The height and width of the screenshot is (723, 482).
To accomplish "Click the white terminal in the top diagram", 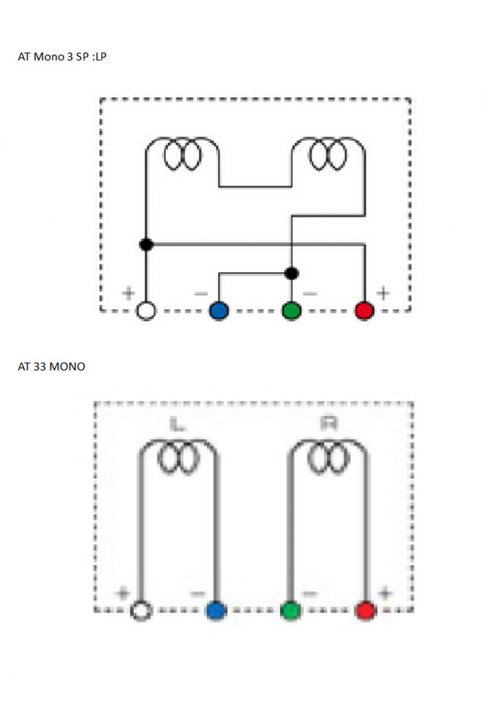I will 146,311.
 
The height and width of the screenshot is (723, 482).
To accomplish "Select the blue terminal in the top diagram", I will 219,311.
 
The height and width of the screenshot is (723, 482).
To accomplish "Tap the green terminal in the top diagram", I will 292,311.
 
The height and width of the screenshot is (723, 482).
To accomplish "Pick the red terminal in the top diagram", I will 365,311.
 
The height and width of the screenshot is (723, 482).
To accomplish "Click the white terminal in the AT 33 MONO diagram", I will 141,610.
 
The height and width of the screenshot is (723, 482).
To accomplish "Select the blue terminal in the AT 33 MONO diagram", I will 216,610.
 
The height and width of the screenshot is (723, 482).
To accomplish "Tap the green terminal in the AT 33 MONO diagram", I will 291,610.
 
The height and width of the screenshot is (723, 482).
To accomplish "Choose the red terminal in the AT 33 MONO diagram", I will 366,610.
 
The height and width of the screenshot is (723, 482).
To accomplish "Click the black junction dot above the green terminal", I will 292,273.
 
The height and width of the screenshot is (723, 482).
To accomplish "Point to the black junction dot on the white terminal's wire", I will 146,244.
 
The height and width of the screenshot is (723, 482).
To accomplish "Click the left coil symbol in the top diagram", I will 182,154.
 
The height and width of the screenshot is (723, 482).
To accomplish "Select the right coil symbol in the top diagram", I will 328,154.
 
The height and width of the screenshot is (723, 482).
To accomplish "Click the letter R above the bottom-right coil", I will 329,424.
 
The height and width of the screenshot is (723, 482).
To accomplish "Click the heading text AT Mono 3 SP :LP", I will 62,57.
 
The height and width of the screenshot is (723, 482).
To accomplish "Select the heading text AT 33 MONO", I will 51,367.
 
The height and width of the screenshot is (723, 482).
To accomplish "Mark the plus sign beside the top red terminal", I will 383,293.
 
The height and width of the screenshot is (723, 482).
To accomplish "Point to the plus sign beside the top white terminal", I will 128,293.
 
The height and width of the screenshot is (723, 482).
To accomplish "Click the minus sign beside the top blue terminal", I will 200,294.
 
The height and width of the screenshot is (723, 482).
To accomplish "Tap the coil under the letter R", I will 329,458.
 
